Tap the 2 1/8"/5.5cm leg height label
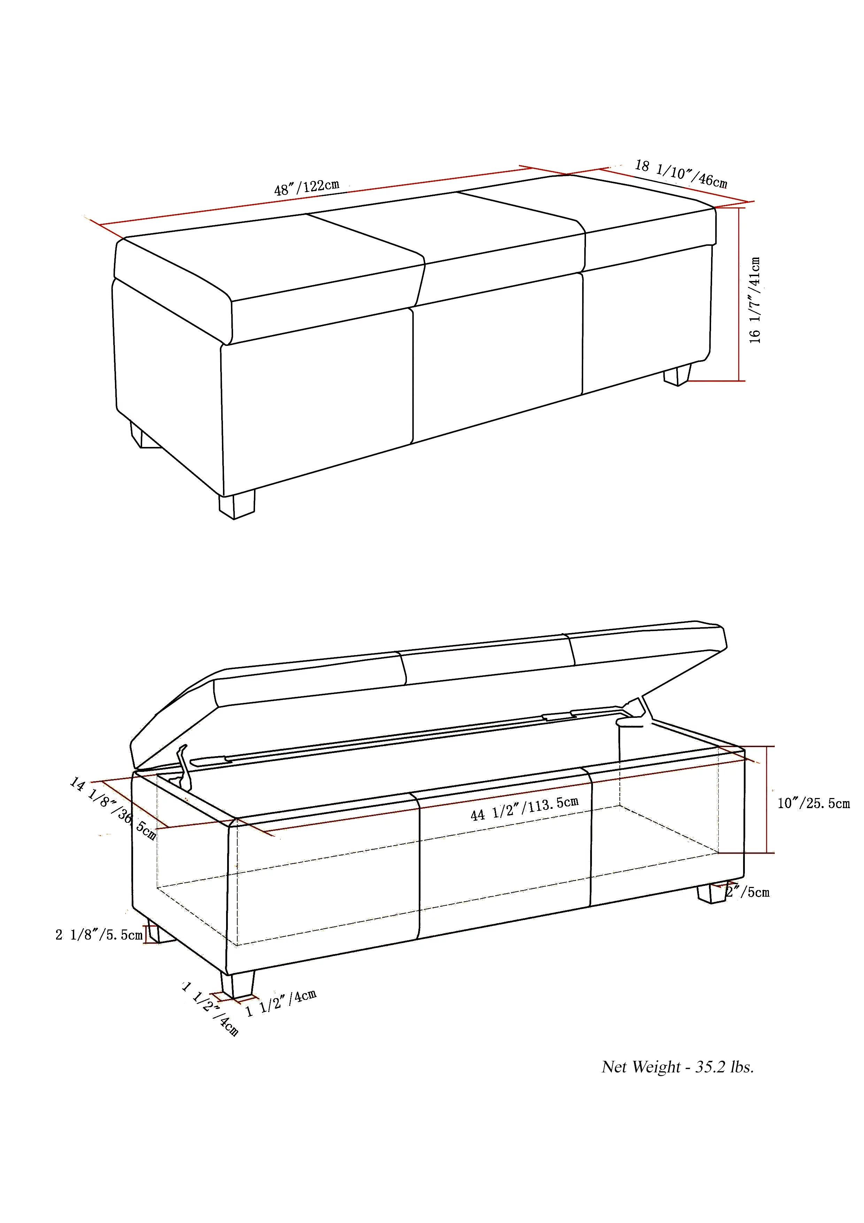tap(99, 935)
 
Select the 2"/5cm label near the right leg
tap(748, 892)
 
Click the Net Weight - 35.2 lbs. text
tap(678, 1067)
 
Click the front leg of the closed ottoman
tap(237, 505)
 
